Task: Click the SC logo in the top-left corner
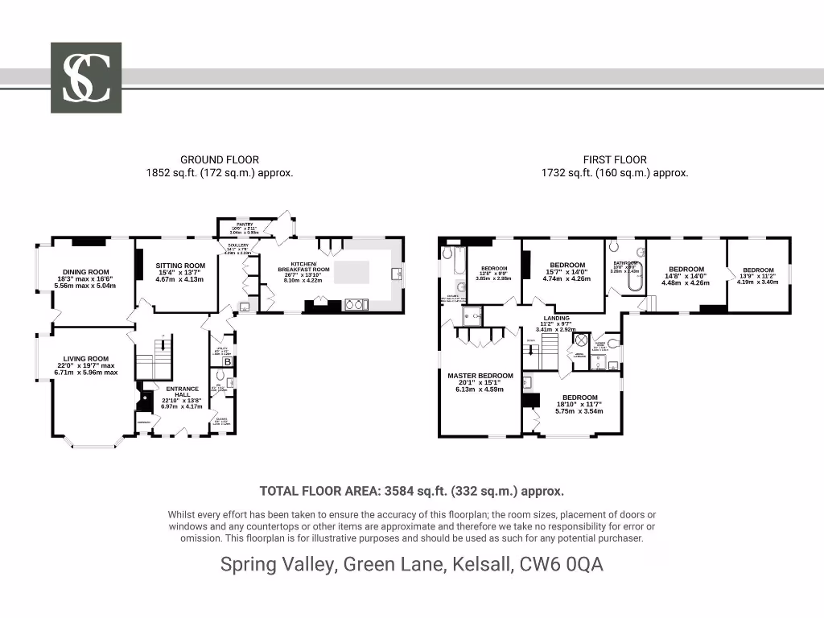(x=86, y=77)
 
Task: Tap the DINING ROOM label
(x=86, y=272)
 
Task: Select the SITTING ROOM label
(x=180, y=266)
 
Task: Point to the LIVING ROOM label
(x=86, y=359)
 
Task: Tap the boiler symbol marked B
(x=228, y=362)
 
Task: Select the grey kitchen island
(x=355, y=271)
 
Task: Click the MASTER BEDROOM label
(x=480, y=376)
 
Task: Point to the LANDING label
(x=556, y=319)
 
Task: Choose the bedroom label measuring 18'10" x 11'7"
(x=579, y=398)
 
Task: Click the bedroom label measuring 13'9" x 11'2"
(x=758, y=270)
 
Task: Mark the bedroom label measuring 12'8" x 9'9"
(x=492, y=269)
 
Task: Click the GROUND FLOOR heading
(x=219, y=160)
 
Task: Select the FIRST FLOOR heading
(x=615, y=160)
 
